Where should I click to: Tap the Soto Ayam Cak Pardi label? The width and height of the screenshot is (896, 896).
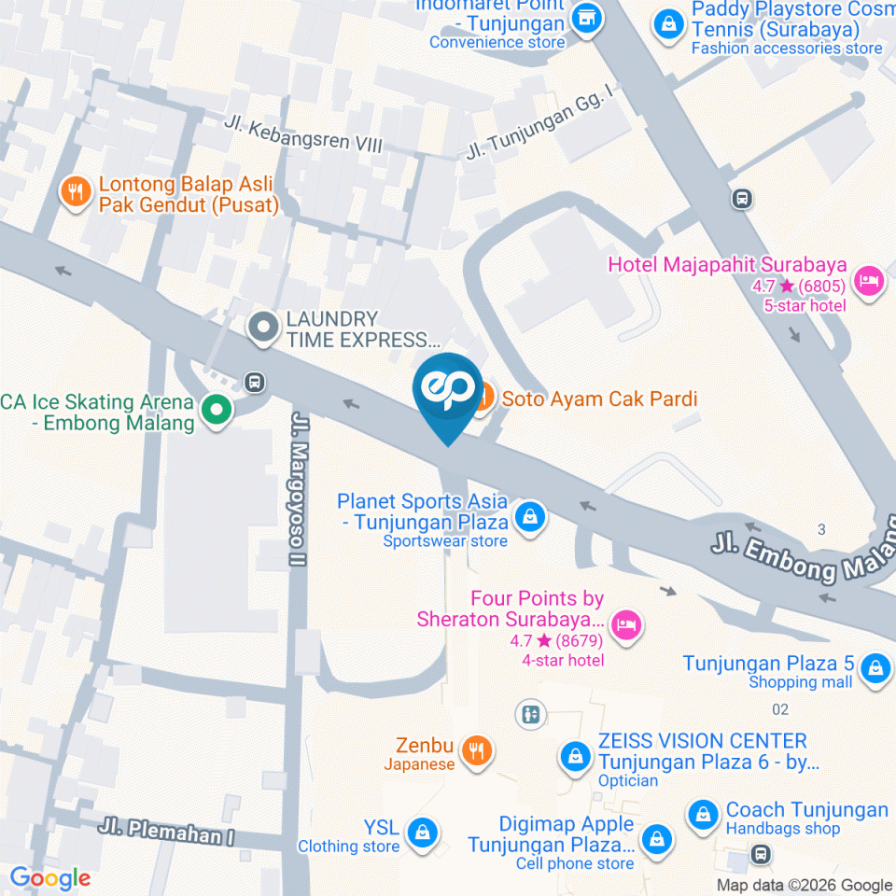[599, 399]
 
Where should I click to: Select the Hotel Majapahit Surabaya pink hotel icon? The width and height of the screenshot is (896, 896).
[869, 279]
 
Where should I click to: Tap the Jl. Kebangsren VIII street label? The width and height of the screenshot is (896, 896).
[303, 134]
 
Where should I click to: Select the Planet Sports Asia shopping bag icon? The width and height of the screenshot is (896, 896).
[530, 516]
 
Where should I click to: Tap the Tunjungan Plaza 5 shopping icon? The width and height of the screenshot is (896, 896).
[875, 667]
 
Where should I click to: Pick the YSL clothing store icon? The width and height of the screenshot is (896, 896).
[423, 830]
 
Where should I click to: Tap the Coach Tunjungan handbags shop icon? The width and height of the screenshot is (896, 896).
[702, 814]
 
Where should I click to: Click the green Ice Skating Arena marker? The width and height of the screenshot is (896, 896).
[217, 409]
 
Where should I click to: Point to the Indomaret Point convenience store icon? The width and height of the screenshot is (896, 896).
[585, 17]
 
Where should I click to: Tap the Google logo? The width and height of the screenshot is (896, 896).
[50, 877]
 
